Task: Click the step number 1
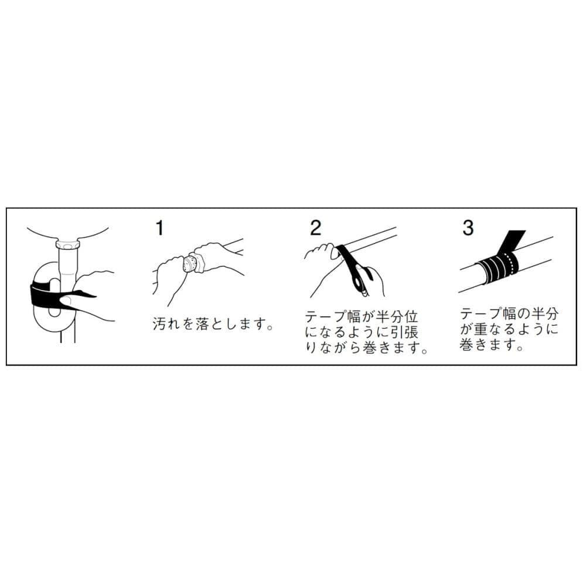pos(159,228)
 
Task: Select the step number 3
pos(468,227)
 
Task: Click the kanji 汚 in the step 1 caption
pos(159,323)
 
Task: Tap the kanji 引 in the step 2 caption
pos(397,332)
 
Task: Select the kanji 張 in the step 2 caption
pos(411,332)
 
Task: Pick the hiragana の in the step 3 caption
pos(523,314)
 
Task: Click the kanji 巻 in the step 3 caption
pos(466,344)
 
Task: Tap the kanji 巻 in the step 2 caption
pos(369,347)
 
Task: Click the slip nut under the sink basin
pos(67,245)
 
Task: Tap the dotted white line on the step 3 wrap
pos(510,266)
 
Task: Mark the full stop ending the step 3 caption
pos(519,348)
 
